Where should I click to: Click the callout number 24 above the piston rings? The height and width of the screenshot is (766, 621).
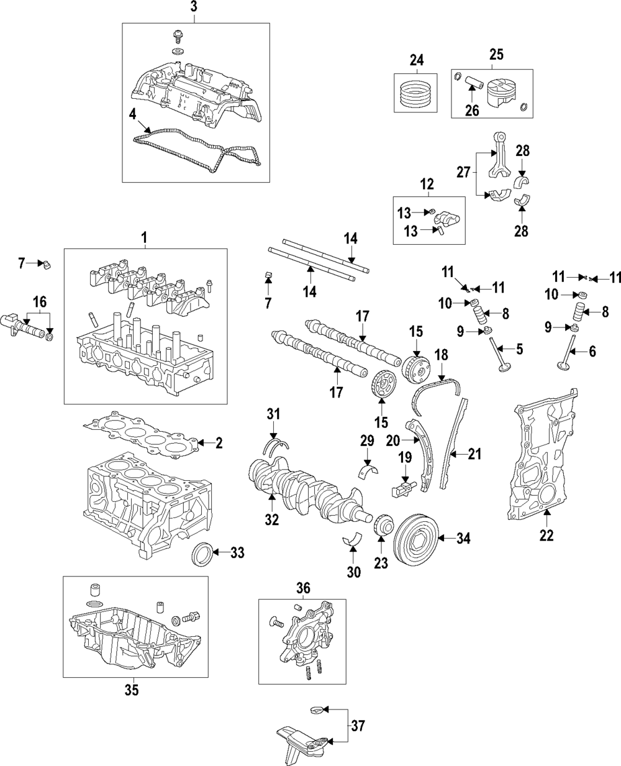tap(415, 60)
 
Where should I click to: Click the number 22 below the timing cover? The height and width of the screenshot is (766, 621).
tap(546, 535)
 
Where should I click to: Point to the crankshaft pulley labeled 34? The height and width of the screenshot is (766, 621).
tap(416, 537)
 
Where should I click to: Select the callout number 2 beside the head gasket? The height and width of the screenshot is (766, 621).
tap(218, 443)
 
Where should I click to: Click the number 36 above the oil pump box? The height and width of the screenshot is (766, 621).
tap(302, 588)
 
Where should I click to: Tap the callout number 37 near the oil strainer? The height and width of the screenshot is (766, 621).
tap(358, 724)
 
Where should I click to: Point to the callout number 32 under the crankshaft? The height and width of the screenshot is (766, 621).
tap(272, 520)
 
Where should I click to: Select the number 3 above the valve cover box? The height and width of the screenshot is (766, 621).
tap(194, 8)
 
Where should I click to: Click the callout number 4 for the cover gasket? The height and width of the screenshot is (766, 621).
tap(132, 114)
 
